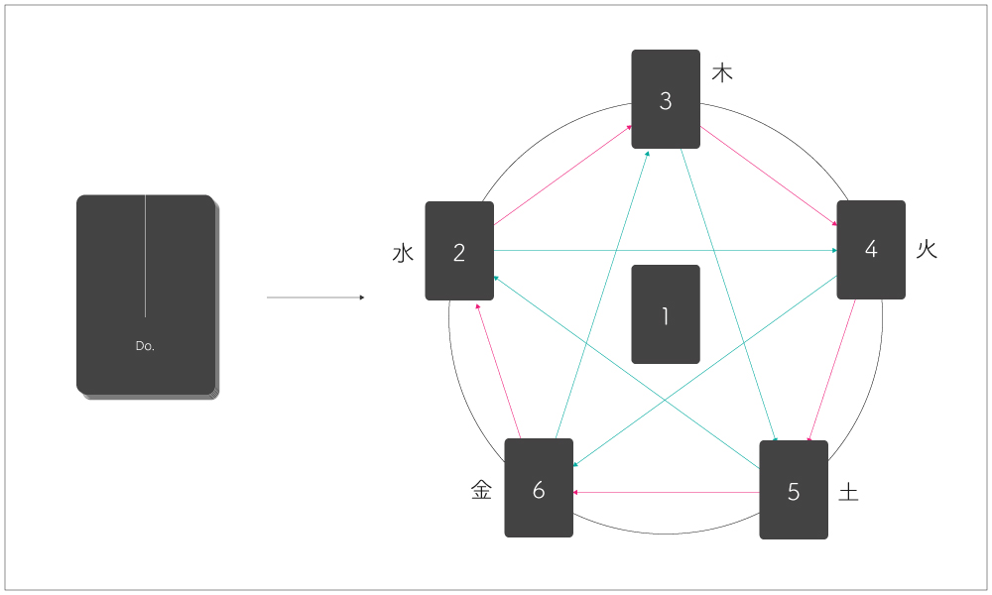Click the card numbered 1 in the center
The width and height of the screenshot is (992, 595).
666,314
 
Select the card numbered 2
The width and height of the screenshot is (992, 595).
459,251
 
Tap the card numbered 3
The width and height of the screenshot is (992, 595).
666,99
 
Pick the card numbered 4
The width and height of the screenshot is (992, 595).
871,249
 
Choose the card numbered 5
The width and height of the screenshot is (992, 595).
793,490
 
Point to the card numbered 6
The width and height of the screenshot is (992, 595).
539,488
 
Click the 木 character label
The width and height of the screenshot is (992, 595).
723,73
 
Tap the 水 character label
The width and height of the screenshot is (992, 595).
403,253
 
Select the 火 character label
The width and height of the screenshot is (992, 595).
927,249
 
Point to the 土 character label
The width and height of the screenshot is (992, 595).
848,492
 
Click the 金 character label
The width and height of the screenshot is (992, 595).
481,490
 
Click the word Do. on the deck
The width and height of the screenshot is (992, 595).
145,346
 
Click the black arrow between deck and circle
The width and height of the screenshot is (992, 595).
315,297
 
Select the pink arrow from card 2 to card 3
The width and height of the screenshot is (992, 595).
563,176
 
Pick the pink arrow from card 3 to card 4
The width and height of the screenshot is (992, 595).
769,177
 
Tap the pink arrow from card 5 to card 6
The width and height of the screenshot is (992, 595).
667,492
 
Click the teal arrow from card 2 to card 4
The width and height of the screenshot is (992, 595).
665,251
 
